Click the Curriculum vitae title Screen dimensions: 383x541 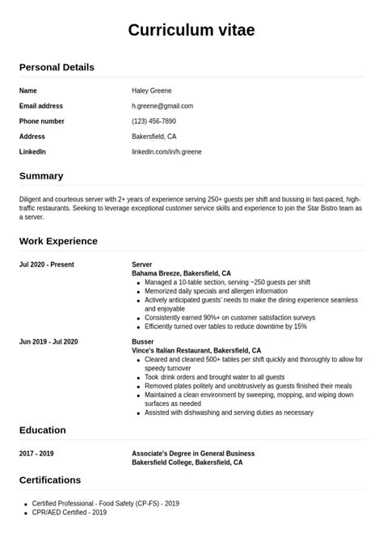(x=191, y=31)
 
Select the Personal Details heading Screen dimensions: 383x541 (x=57, y=67)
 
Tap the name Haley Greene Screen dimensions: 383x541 (x=152, y=91)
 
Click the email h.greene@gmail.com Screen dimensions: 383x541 (x=162, y=106)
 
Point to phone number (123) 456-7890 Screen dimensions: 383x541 (x=154, y=121)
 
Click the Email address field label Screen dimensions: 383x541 (x=41, y=106)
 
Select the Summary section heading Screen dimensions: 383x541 (x=41, y=175)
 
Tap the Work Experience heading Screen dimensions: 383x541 (x=58, y=241)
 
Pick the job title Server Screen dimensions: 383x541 (x=142, y=264)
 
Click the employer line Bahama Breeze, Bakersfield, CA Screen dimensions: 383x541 (x=181, y=273)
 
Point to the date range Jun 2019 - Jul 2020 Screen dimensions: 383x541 (x=48, y=342)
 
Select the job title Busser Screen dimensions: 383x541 (x=142, y=342)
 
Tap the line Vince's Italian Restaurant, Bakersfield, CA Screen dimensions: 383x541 (x=196, y=351)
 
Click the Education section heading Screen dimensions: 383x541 (x=43, y=430)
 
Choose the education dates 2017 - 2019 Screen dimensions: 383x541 (x=36, y=454)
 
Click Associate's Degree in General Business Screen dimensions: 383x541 (x=193, y=454)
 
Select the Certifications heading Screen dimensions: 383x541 (x=50, y=480)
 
